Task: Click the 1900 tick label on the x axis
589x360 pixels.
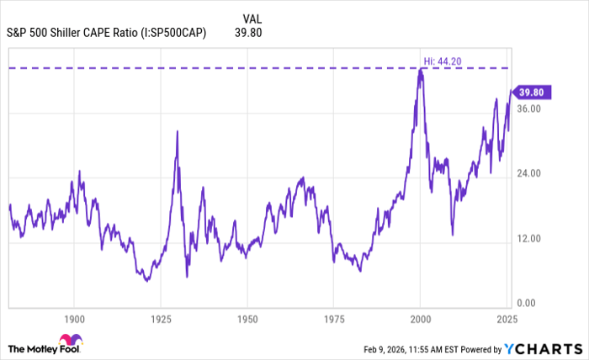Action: click(x=74, y=320)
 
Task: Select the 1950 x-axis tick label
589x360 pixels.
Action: click(x=247, y=320)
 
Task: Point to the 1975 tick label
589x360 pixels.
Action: click(x=333, y=320)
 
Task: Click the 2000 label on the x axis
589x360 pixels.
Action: click(x=420, y=320)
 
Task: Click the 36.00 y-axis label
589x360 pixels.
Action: click(x=531, y=109)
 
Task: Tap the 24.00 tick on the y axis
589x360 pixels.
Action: click(x=531, y=173)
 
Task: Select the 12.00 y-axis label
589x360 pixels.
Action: click(x=531, y=238)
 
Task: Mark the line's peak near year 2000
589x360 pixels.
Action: click(x=421, y=69)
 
